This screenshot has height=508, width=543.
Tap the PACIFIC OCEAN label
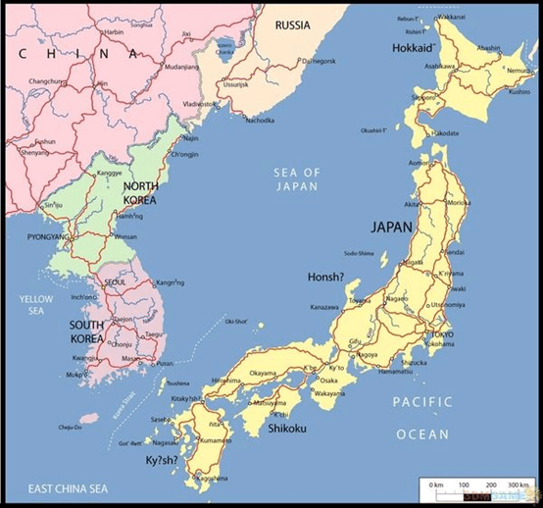point(422,417)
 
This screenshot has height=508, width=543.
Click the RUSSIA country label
point(294,24)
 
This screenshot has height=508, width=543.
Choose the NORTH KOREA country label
point(141,193)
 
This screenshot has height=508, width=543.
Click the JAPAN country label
point(391,227)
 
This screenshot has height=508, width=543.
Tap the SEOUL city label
point(115,282)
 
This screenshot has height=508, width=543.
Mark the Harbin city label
point(115,31)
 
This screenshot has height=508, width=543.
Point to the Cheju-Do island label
point(70,427)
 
